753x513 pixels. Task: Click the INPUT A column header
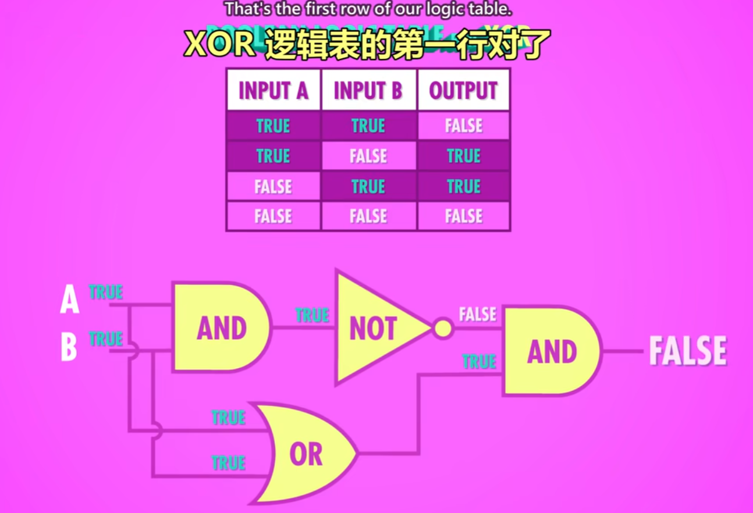pos(273,90)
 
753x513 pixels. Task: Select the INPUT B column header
pos(368,90)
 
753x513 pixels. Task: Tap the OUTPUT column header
pos(463,90)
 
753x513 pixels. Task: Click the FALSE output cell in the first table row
pos(463,126)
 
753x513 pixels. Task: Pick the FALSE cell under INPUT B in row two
pos(368,156)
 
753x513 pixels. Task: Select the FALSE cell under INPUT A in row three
pos(273,187)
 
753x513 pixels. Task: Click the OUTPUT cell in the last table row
pos(463,216)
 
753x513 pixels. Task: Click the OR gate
pos(306,454)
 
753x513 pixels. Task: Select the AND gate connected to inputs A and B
pos(220,327)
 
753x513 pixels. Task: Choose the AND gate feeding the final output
pos(550,351)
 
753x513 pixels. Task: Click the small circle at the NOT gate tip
pos(443,329)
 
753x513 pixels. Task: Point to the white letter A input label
pos(69,301)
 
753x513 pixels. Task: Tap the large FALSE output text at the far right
pos(687,351)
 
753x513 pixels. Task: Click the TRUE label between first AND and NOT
pos(312,315)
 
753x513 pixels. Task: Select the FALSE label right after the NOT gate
pos(478,315)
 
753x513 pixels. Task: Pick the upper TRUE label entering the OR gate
pos(228,417)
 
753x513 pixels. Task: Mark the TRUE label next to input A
pos(106,291)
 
